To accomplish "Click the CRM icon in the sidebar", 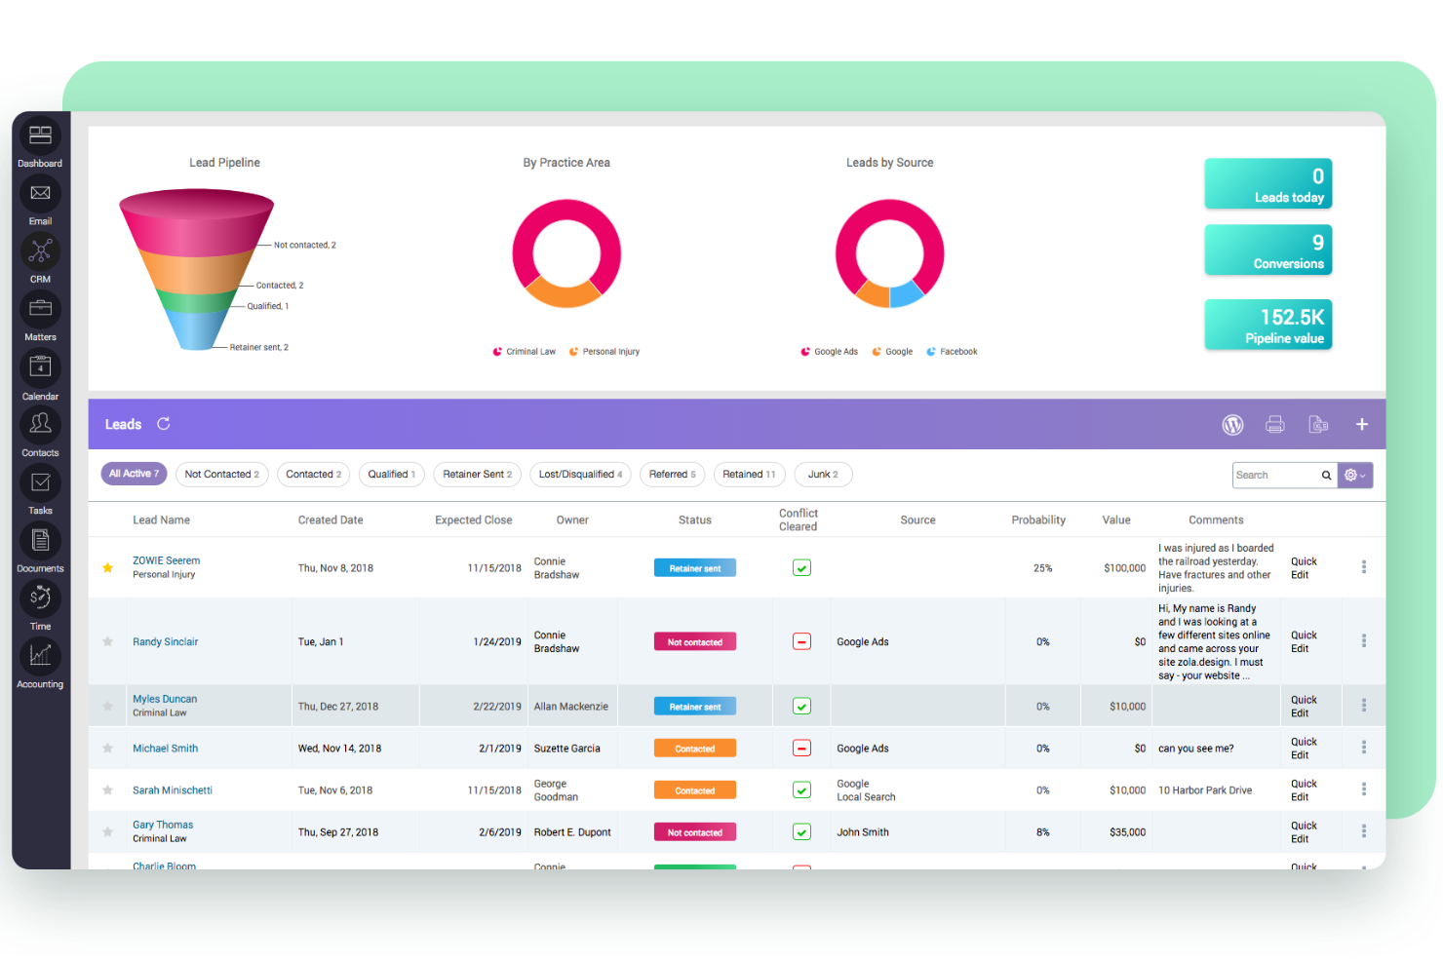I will [x=40, y=252].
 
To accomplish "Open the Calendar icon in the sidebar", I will [x=40, y=368].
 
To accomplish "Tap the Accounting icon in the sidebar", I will [x=40, y=656].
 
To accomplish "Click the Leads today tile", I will [x=1267, y=184].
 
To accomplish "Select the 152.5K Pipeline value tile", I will [x=1267, y=325].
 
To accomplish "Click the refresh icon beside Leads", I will [x=164, y=424].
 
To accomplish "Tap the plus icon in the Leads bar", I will [x=1362, y=425].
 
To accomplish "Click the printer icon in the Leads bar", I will [x=1274, y=425].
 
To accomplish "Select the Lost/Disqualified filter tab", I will [x=580, y=475].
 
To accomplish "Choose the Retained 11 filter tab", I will [x=749, y=475].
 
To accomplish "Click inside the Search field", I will [x=1275, y=476].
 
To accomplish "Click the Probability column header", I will [x=1038, y=520].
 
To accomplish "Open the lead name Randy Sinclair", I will [x=166, y=642].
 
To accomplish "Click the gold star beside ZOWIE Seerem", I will [x=108, y=568].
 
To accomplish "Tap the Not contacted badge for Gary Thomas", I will [x=695, y=832].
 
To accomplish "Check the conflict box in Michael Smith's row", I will [x=801, y=749].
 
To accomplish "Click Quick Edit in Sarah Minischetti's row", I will [x=1304, y=790].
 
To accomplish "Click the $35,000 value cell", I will [x=1127, y=832].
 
